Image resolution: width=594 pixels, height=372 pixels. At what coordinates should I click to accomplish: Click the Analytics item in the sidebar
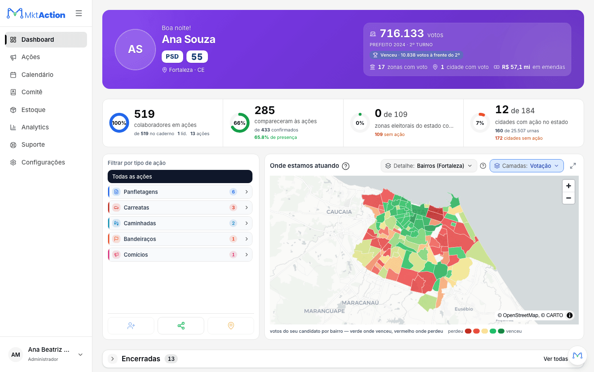click(x=35, y=127)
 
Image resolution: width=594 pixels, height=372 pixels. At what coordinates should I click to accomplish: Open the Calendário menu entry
click(x=37, y=75)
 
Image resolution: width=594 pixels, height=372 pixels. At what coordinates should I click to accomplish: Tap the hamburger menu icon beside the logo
click(x=79, y=13)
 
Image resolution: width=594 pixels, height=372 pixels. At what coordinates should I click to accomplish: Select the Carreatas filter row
click(x=180, y=207)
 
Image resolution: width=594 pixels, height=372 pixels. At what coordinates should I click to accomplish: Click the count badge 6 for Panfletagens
click(x=233, y=192)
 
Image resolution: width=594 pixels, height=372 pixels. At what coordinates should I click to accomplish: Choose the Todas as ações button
click(x=180, y=176)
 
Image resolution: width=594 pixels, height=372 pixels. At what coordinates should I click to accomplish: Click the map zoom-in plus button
click(x=568, y=186)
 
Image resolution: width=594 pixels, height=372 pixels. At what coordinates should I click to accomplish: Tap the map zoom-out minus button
click(x=568, y=198)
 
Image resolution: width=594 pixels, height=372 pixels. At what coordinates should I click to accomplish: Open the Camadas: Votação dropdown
click(x=527, y=166)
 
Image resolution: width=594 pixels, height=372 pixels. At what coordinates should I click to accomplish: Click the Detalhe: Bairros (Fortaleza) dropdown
click(x=429, y=166)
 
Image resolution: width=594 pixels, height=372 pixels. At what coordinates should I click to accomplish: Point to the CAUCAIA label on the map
click(x=339, y=212)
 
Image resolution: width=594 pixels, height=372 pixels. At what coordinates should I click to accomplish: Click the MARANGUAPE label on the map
click(x=324, y=311)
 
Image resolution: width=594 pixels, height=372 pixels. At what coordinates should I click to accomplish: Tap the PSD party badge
click(x=172, y=57)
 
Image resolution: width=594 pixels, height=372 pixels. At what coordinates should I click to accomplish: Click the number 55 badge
click(x=197, y=57)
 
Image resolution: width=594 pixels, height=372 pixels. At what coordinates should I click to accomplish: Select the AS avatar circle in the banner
click(x=135, y=50)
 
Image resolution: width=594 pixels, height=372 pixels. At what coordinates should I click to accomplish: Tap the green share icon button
click(x=181, y=326)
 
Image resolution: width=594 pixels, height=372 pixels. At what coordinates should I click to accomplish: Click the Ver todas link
click(x=556, y=359)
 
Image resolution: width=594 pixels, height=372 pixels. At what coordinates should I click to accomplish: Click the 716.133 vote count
click(x=402, y=33)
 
